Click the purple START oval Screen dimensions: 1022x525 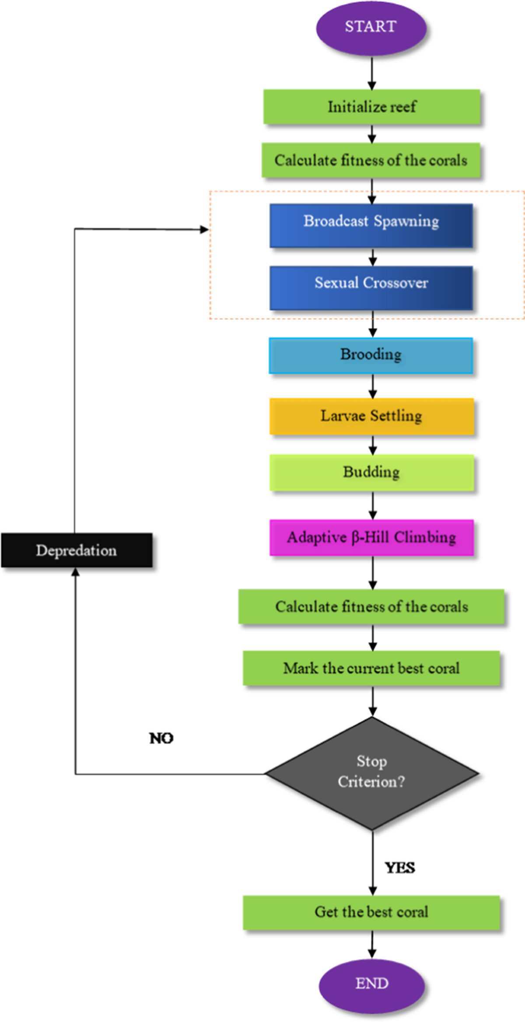371,28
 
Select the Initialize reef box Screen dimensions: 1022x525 371,107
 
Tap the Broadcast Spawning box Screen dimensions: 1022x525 371,225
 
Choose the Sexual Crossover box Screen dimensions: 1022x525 371,288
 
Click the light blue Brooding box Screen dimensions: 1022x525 371,355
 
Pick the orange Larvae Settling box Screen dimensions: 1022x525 371,416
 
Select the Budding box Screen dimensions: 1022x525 371,473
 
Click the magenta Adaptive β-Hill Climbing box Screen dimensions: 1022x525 371,537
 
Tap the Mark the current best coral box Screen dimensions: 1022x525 371,668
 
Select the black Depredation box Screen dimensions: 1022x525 77,550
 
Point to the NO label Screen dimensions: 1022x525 161,738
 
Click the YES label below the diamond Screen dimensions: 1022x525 399,867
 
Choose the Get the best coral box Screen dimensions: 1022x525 371,913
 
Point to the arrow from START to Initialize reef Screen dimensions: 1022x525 372,73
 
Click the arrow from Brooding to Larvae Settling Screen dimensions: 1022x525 373,386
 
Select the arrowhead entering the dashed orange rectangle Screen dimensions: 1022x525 204,229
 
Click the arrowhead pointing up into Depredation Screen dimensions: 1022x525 76,572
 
